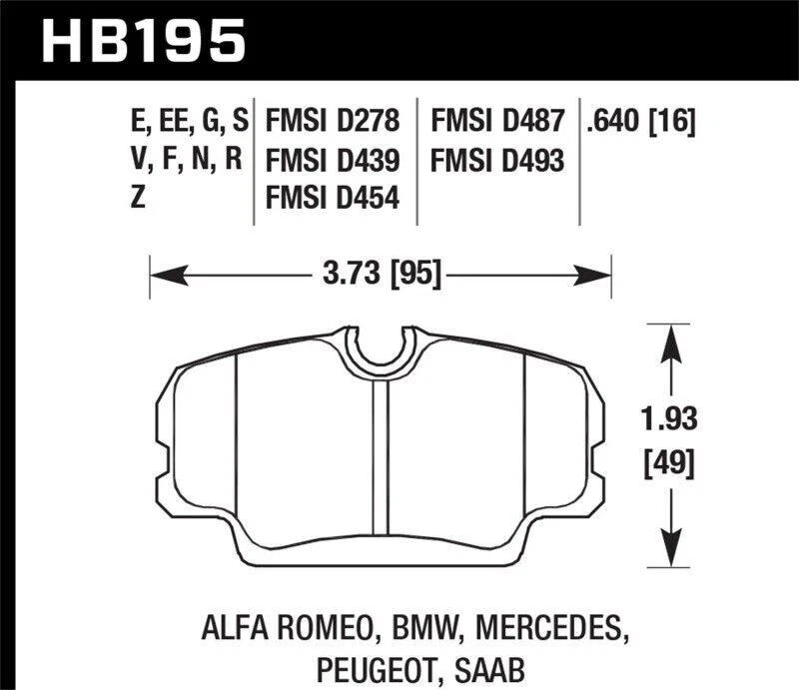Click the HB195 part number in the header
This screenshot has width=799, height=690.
(142, 42)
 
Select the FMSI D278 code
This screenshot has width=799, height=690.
(334, 123)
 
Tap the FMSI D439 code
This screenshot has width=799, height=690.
(334, 160)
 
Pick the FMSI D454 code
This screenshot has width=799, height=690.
(334, 198)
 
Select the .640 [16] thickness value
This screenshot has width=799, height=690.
(641, 123)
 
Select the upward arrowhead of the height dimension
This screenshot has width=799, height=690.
(667, 336)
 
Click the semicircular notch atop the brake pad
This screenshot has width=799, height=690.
(382, 349)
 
